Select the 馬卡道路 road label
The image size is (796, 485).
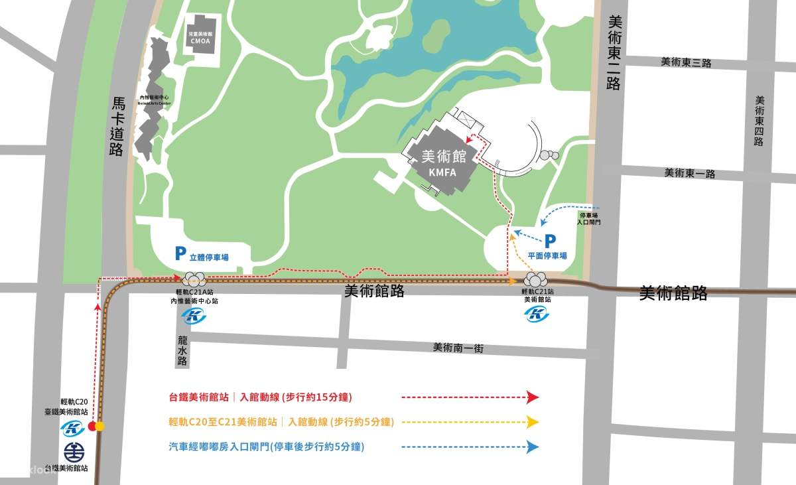tap(117, 126)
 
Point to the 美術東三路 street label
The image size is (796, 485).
tap(686, 62)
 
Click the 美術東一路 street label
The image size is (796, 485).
tap(690, 173)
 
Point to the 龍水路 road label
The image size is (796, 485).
tap(183, 350)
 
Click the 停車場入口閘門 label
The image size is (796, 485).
tap(589, 220)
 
